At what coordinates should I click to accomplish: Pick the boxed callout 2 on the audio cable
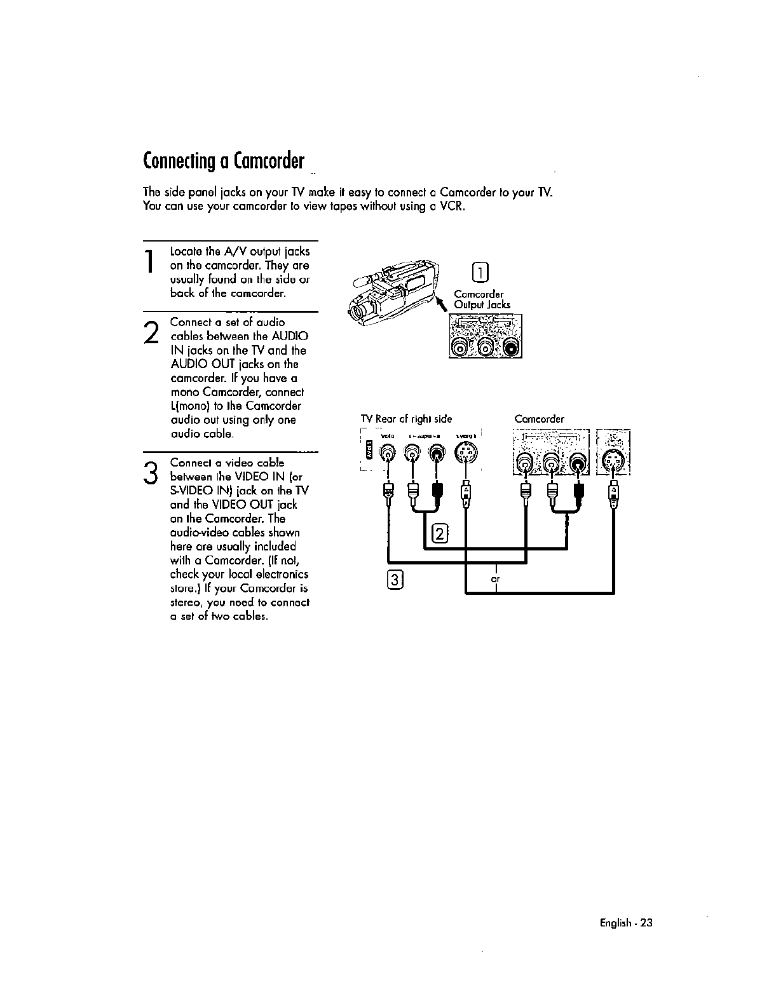(439, 533)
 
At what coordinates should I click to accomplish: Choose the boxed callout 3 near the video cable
(395, 580)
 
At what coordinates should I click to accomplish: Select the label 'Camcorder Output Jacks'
(482, 299)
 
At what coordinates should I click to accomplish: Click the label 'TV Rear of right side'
(406, 419)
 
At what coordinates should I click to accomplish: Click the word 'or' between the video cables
(494, 580)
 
